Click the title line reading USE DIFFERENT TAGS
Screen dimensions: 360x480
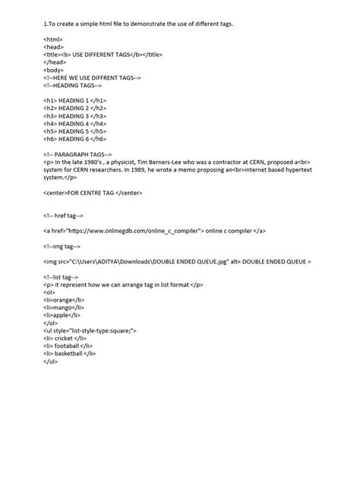click(103, 55)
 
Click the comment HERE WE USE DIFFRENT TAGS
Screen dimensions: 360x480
click(93, 78)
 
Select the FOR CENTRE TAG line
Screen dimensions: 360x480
click(93, 193)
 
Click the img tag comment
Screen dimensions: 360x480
click(68, 246)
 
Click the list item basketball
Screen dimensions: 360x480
click(72, 353)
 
